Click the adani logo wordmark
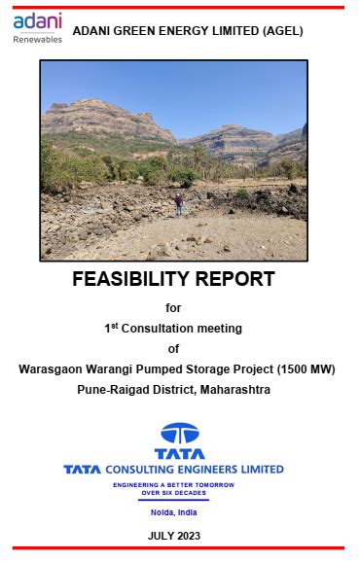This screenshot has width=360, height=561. [37, 21]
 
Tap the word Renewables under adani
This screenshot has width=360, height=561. [38, 39]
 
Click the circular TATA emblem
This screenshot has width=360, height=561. [179, 434]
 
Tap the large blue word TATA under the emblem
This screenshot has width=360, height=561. [179, 453]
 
